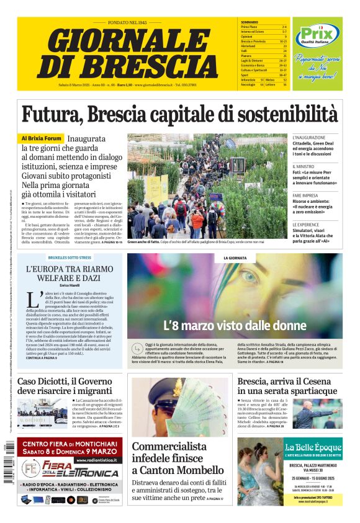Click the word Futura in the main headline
pyautogui.click(x=51, y=115)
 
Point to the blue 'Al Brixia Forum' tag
pyautogui.click(x=42, y=138)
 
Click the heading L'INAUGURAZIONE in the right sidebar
pyautogui.click(x=308, y=137)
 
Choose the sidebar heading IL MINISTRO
pyautogui.click(x=304, y=166)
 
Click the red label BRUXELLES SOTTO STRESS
pyautogui.click(x=70, y=257)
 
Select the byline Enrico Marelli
pyautogui.click(x=70, y=285)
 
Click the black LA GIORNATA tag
pyautogui.click(x=235, y=257)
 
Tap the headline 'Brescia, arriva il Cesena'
pyautogui.click(x=288, y=385)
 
